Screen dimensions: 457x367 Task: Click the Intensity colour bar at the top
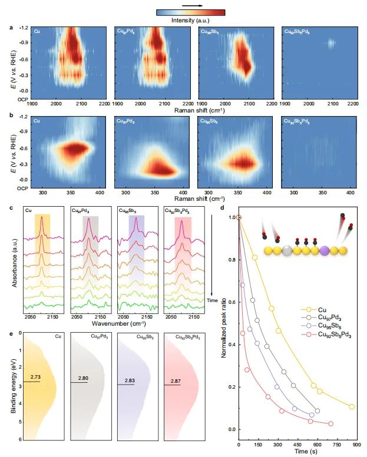pyautogui.click(x=190, y=12)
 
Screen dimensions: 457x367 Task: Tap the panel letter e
pyautogui.click(x=12, y=334)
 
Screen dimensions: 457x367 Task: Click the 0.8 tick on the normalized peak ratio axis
pyautogui.click(x=231, y=260)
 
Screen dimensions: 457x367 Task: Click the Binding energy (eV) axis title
pyautogui.click(x=14, y=386)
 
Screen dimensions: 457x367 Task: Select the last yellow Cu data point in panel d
pyautogui.click(x=352, y=407)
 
